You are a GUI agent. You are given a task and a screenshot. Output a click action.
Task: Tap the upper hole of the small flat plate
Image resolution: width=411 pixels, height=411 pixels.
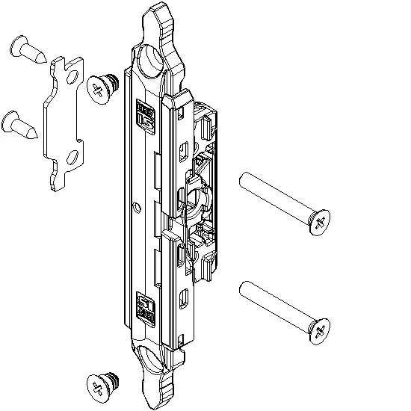click(x=72, y=75)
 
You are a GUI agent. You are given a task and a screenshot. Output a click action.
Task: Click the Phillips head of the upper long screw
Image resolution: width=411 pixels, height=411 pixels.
click(x=319, y=223)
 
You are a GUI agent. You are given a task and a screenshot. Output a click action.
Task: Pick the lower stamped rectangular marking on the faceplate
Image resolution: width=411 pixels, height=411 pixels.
click(x=144, y=308)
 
